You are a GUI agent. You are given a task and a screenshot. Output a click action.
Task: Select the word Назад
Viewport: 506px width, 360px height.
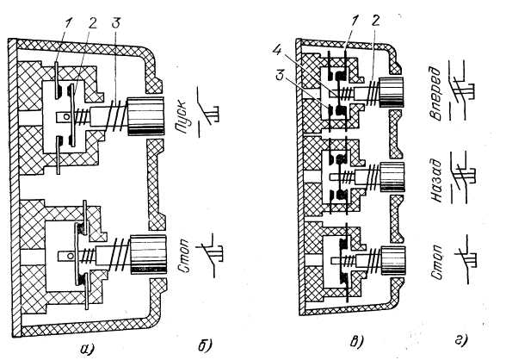436,181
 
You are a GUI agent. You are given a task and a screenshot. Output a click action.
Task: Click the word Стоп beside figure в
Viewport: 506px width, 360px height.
437,262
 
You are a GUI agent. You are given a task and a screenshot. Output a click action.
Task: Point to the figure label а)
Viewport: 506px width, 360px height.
87,348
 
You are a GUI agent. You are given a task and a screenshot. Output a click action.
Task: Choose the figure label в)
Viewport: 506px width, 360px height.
357,342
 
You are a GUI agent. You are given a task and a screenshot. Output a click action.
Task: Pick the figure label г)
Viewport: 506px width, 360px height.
461,341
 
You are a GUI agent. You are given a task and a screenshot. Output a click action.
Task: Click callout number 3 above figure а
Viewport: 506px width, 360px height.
115,23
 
